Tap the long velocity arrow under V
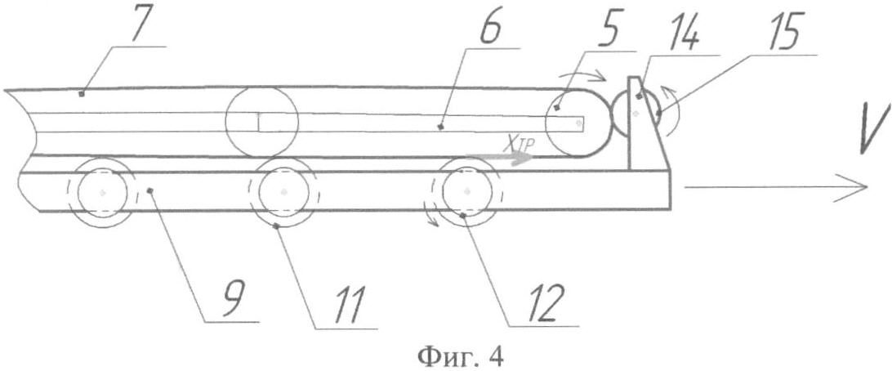[x=776, y=186]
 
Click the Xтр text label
[x=518, y=146]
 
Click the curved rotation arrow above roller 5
[x=582, y=78]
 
